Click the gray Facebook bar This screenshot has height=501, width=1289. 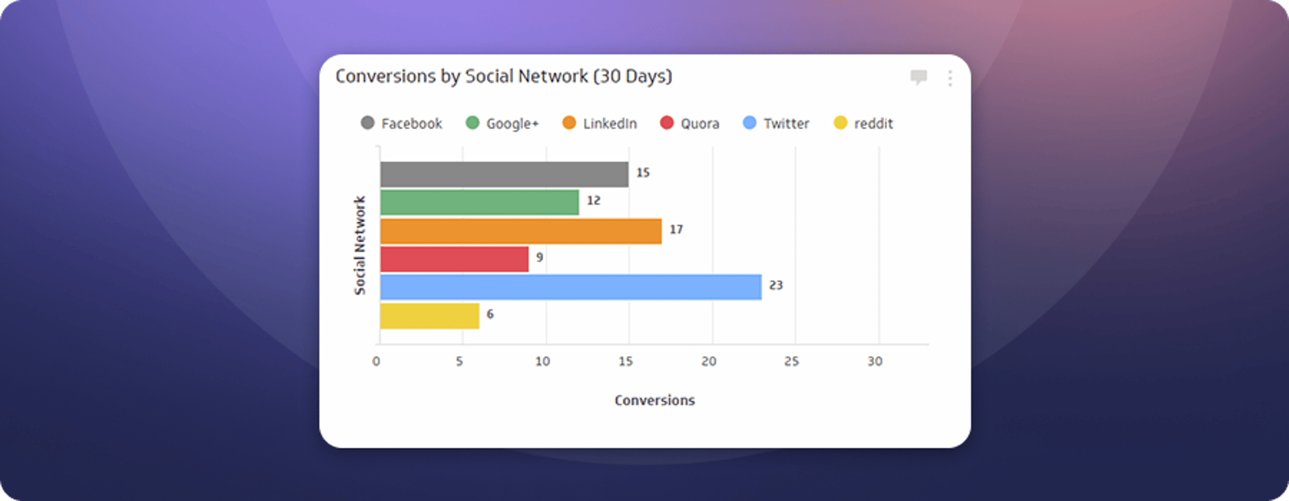[x=504, y=174]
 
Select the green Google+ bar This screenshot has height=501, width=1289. [x=479, y=202]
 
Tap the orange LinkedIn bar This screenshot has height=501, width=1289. [x=520, y=231]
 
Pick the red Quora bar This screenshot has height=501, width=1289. [x=454, y=259]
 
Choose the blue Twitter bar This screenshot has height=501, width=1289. [x=571, y=287]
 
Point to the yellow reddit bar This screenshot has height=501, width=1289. [x=430, y=316]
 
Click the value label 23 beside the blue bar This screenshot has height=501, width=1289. [x=775, y=285]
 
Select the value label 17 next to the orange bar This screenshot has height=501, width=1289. [x=676, y=230]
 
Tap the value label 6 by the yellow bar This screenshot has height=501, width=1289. [x=490, y=314]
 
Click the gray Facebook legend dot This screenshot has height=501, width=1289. [x=367, y=122]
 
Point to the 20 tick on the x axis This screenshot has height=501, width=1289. [x=708, y=361]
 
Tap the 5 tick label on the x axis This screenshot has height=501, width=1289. [x=459, y=361]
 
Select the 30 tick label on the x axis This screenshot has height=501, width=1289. [x=875, y=361]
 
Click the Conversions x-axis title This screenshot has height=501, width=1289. [x=655, y=400]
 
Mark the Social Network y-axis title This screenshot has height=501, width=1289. [x=360, y=245]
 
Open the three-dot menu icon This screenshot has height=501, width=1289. [x=950, y=79]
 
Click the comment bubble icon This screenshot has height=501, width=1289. [x=918, y=77]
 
